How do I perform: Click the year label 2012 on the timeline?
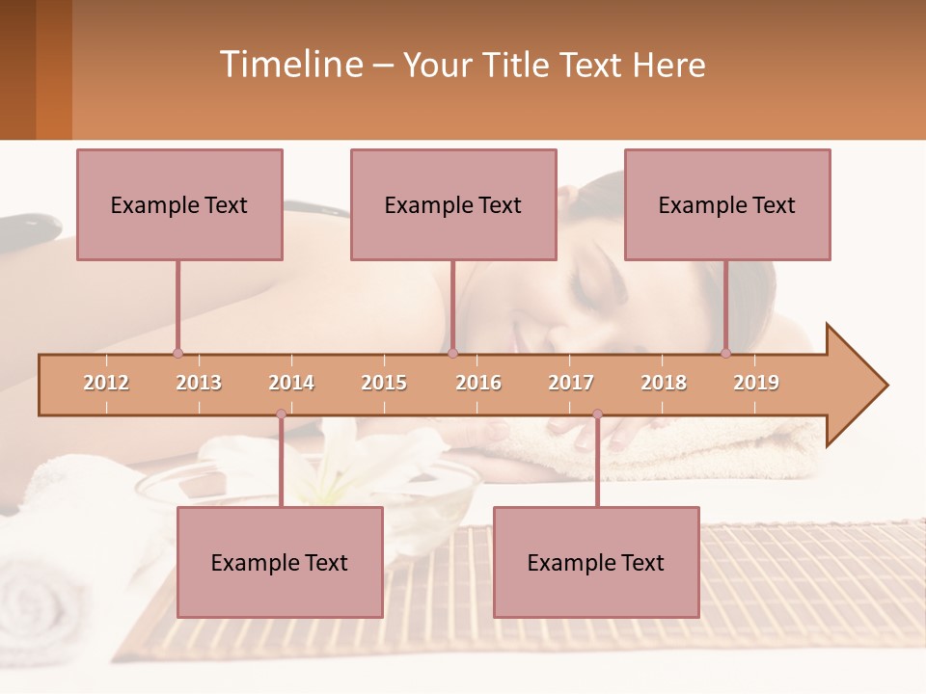106,383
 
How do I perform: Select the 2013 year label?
199,383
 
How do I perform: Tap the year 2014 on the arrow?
291,383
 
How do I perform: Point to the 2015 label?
384,383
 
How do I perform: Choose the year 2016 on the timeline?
478,383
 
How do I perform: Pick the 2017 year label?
571,383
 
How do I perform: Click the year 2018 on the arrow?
664,383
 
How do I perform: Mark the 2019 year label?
756,383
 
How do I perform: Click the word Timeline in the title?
289,65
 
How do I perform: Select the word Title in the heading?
518,65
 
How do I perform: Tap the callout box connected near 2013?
179,204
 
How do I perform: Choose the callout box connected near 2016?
453,204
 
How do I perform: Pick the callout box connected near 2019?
727,204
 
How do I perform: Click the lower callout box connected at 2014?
280,562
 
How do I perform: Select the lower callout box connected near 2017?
596,562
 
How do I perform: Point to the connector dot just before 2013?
177,353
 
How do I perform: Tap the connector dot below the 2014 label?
281,414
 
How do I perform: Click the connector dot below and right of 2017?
597,414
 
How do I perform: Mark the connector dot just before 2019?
726,353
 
